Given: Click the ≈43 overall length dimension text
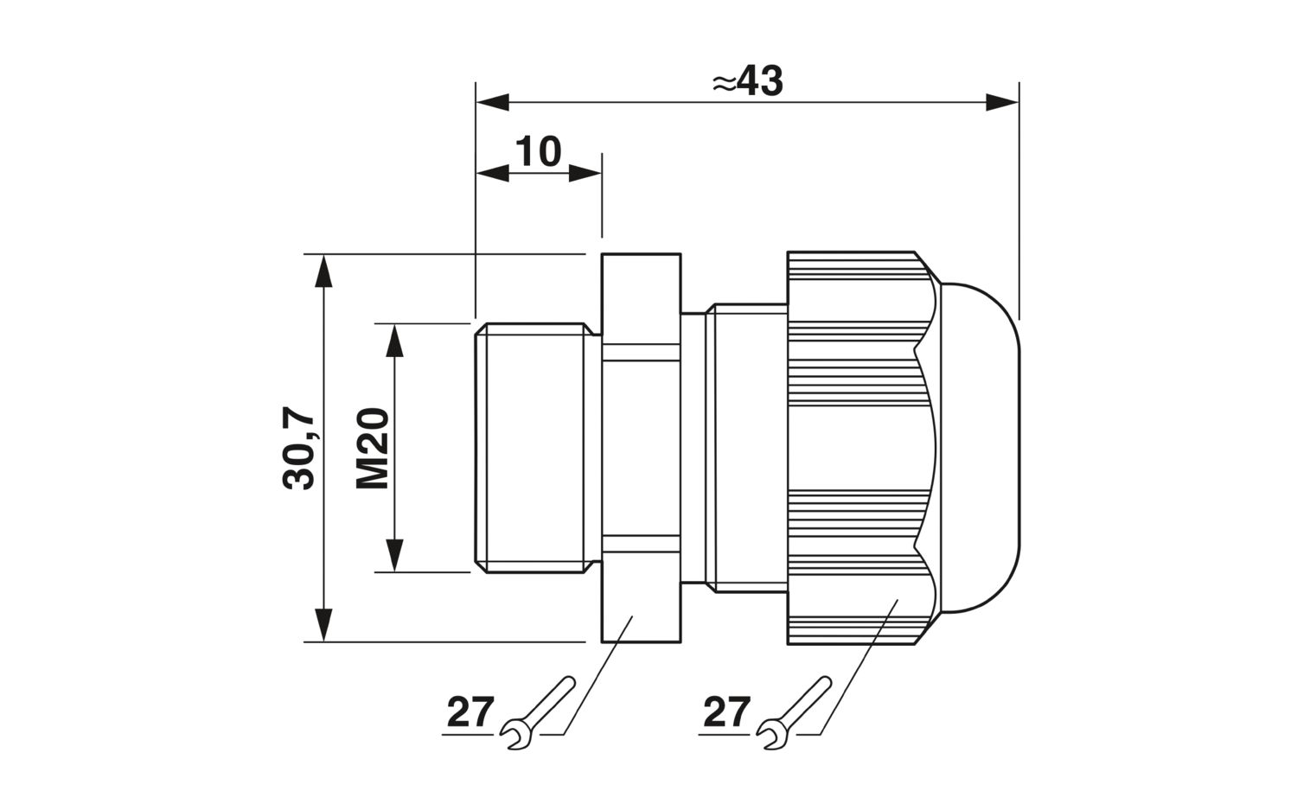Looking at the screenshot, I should (747, 82).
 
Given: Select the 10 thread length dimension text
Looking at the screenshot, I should (539, 151).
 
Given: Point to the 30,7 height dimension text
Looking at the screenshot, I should (301, 449).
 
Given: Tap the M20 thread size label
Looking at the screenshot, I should (374, 449).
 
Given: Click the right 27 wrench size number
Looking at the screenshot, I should (725, 713).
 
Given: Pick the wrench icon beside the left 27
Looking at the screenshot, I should (537, 711).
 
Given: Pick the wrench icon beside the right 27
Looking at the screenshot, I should (793, 711).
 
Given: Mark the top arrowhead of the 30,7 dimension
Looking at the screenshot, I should (323, 270).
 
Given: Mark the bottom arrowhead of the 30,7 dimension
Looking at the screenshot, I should (323, 626).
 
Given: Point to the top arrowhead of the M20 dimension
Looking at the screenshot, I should (394, 340).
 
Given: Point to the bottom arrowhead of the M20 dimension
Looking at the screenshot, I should (394, 555).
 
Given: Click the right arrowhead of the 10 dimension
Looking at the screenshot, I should (586, 173).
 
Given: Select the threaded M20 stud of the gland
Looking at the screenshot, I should (529, 448).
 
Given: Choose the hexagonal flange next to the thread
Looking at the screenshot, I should (641, 448).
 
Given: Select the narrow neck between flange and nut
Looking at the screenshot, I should (734, 448).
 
